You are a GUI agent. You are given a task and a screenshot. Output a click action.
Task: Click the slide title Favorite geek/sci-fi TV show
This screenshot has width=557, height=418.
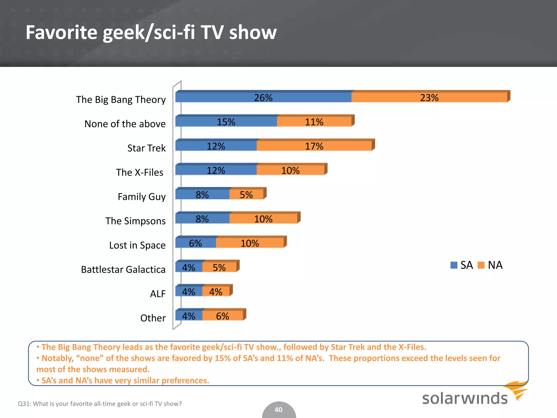click(x=151, y=32)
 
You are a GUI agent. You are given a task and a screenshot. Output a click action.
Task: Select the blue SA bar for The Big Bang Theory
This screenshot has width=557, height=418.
click(x=263, y=97)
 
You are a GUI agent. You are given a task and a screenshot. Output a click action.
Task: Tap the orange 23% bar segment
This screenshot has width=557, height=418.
click(x=429, y=97)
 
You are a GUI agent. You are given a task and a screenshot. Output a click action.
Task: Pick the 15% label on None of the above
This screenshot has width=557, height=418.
click(x=226, y=122)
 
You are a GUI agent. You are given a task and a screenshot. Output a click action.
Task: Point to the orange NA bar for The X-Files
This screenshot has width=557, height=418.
click(x=290, y=170)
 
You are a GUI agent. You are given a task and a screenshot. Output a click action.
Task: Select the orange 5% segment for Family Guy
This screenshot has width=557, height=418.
click(x=246, y=195)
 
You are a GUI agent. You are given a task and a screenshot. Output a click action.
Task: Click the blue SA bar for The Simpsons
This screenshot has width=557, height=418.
click(x=202, y=219)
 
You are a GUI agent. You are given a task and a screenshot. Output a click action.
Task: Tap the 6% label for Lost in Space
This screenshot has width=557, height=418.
click(x=195, y=243)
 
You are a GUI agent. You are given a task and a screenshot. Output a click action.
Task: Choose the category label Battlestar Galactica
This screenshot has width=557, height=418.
click(x=123, y=269)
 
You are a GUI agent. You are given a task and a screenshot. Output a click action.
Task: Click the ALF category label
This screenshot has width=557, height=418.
click(x=158, y=294)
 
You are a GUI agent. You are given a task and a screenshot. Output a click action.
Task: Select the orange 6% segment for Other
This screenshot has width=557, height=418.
click(x=222, y=316)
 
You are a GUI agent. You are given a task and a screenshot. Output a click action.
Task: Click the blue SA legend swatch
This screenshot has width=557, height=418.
click(x=454, y=265)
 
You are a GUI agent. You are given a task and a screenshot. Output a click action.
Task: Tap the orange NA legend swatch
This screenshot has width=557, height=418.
click(x=481, y=265)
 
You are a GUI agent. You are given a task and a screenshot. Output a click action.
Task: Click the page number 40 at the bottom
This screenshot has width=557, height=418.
click(x=278, y=410)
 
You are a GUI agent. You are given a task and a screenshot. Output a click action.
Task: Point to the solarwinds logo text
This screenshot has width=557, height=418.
click(x=465, y=398)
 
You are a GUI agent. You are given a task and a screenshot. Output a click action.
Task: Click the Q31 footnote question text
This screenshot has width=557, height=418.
click(x=100, y=404)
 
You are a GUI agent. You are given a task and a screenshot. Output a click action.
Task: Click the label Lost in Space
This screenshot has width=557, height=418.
click(x=137, y=245)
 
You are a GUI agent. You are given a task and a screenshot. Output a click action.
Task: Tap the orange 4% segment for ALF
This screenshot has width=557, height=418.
click(x=216, y=292)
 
